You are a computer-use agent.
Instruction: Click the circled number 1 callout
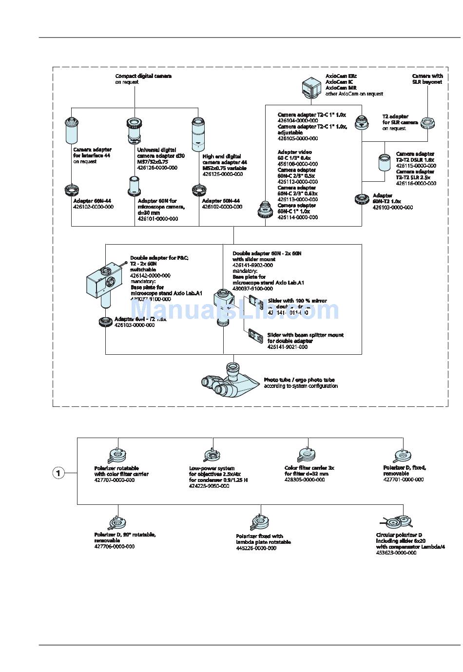[58, 473]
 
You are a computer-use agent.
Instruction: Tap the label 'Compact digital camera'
[143, 76]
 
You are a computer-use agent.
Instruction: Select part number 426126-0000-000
[157, 168]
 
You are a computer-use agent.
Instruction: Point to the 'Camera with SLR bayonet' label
[427, 79]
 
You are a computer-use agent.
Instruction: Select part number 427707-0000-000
[115, 480]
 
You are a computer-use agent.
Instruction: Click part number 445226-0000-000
[256, 548]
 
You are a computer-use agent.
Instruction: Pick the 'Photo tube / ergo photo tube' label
[299, 380]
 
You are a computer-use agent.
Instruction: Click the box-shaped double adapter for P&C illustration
[104, 282]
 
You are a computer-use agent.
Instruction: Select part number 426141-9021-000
[288, 347]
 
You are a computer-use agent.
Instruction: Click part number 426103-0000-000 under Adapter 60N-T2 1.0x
[392, 207]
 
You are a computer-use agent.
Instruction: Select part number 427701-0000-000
[404, 480]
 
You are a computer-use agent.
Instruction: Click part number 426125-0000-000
[222, 174]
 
